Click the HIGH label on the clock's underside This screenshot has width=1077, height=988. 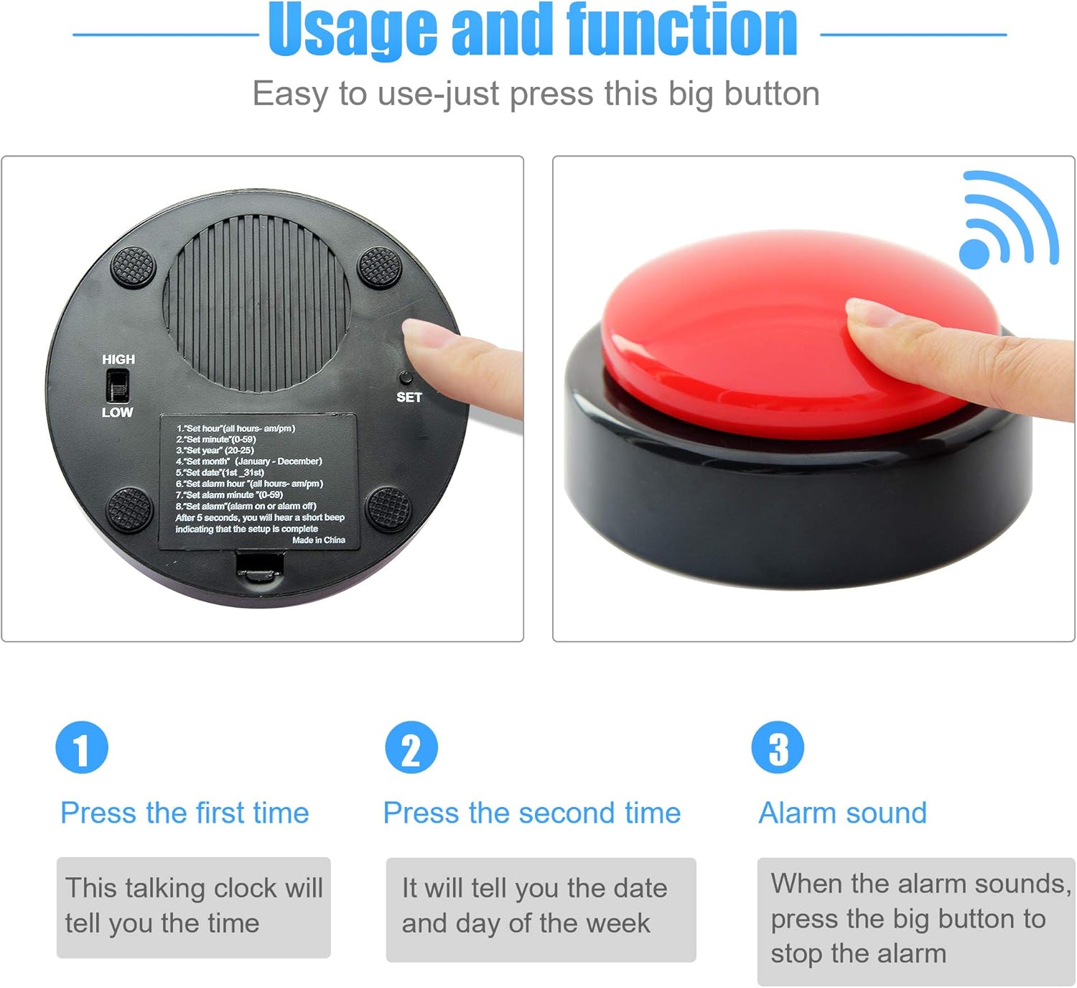pos(118,359)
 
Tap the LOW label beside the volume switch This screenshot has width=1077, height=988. pos(118,412)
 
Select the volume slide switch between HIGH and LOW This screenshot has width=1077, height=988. pos(118,385)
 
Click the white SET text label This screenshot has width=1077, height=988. pos(409,397)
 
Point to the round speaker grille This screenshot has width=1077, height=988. pos(257,303)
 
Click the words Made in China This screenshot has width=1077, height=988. pos(319,540)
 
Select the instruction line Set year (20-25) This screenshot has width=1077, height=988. pos(215,451)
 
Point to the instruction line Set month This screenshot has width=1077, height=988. pos(249,461)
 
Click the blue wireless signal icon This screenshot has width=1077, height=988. pos(1008,220)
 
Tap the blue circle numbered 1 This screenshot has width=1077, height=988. pos(82,747)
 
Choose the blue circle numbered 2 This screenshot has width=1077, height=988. pos(411,747)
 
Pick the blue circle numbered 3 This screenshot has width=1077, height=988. pos(778,747)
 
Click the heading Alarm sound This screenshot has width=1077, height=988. pos(842,813)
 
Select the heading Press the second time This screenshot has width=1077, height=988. pos(532,813)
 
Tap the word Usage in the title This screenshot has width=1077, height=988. pos(353,31)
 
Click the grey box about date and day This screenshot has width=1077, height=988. pos(541,910)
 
